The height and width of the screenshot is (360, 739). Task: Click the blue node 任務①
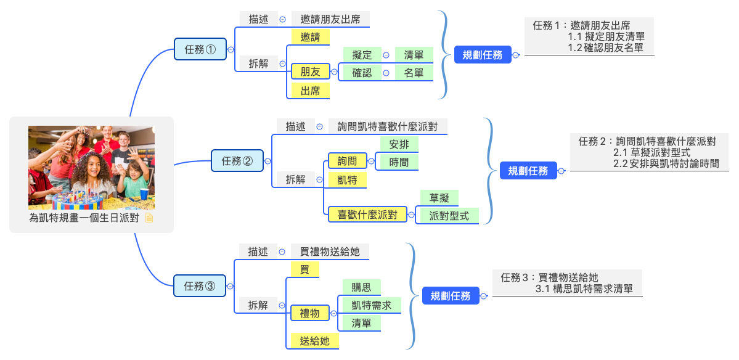200,50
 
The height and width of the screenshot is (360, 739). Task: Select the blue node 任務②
237,161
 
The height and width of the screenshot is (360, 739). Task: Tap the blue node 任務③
200,286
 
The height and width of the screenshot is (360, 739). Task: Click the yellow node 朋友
310,72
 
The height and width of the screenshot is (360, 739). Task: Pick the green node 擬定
362,55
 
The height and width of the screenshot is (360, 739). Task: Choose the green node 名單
414,73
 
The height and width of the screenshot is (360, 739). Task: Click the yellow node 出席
310,91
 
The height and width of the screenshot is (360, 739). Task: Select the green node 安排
399,144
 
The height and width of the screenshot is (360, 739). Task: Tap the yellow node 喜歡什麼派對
367,215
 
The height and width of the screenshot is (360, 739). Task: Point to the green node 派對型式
449,216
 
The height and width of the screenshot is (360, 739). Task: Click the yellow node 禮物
309,313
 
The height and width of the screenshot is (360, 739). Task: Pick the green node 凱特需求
371,305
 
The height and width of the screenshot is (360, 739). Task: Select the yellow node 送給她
314,341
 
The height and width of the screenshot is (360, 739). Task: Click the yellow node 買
304,269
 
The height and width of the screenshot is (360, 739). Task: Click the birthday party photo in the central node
91,168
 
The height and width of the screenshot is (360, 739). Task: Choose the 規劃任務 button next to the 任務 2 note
528,171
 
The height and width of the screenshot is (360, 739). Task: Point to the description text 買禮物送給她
330,252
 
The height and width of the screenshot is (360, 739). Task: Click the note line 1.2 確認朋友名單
605,47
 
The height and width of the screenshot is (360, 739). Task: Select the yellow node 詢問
346,162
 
